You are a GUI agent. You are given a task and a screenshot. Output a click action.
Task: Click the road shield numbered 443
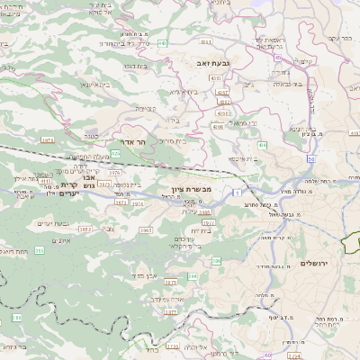(x=163, y=42)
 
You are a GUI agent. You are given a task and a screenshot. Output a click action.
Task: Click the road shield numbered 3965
(x=146, y=229)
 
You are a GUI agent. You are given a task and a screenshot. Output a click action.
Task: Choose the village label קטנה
(x=89, y=136)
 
